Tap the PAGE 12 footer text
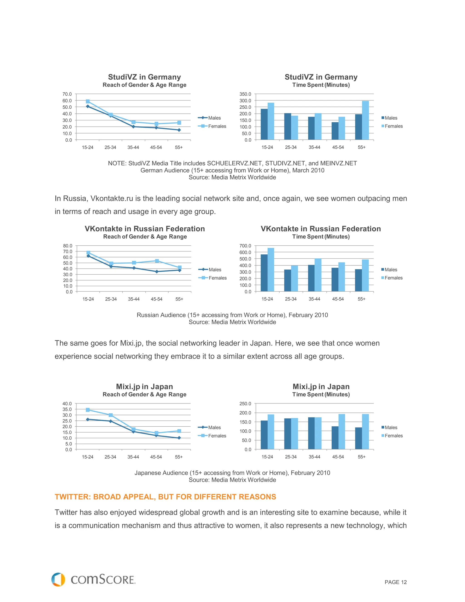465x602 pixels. pos(395,582)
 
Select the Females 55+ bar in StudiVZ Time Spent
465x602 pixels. pos(365,120)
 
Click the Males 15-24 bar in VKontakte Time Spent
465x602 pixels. pos(264,273)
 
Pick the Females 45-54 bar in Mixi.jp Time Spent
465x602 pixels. pos(341,431)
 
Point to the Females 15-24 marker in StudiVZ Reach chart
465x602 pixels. pos(88,102)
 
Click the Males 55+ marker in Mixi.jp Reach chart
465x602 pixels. pos(179,438)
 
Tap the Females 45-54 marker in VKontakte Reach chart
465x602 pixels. pos(157,261)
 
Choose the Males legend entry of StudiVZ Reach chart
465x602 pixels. pos(214,118)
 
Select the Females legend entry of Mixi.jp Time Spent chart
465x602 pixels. pos(393,435)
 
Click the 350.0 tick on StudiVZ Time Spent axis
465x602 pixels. pos(245,94)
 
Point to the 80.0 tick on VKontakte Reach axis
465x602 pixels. pos(68,246)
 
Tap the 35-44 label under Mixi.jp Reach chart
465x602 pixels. pos(133,457)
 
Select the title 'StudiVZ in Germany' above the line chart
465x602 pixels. pos(144,77)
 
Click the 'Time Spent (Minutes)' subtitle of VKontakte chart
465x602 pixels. pos(321,236)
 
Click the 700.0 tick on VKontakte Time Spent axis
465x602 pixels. pos(245,246)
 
